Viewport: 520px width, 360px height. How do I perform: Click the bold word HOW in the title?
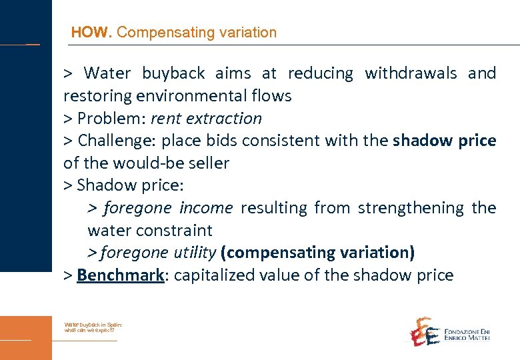coord(91,32)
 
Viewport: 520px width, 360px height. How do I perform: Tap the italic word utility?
coord(192,253)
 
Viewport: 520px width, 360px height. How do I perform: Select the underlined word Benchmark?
coord(120,275)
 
